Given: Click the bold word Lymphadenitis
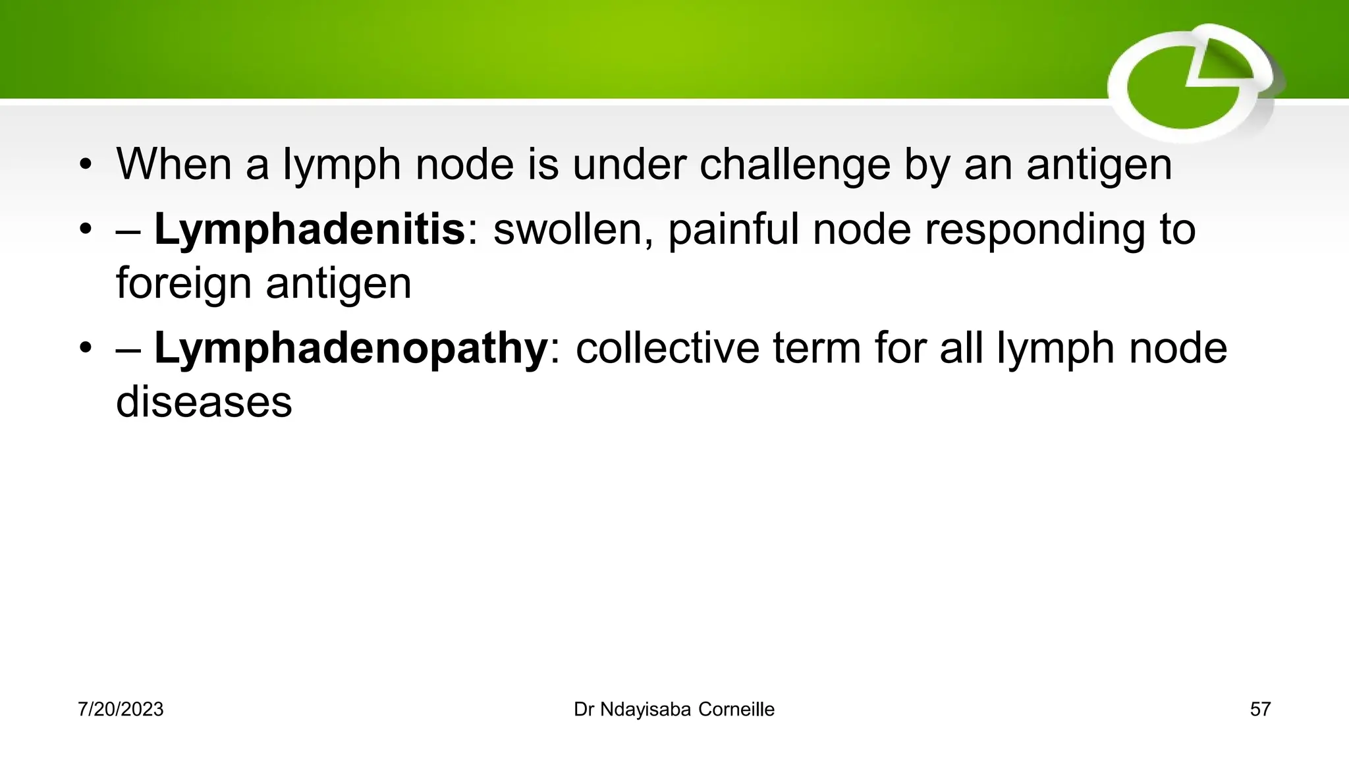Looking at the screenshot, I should tap(310, 229).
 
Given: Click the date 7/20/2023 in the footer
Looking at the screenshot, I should tap(121, 710).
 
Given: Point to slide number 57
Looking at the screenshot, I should tap(1260, 710).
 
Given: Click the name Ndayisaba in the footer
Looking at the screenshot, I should tap(646, 710).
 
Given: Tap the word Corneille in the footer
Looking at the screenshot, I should tap(736, 710).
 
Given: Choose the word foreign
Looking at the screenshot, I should tap(184, 283).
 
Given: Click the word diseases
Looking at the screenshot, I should tap(204, 402).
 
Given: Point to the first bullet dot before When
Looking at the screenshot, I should tap(85, 165).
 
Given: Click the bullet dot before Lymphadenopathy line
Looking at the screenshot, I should tap(85, 349).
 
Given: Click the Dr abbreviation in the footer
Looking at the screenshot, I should tap(584, 710).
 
